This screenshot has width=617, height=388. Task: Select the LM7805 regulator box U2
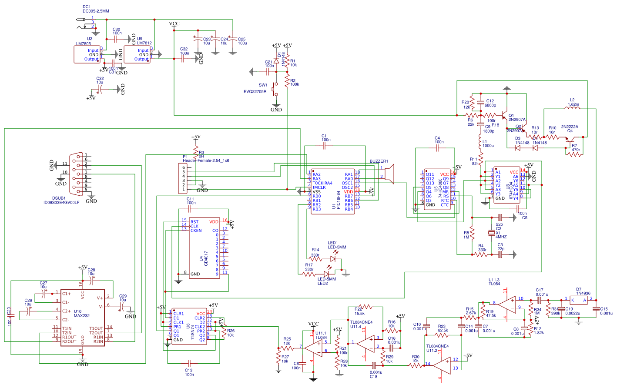point(87,54)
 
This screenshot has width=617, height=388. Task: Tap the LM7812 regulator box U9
point(137,54)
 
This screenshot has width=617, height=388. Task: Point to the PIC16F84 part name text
point(339,200)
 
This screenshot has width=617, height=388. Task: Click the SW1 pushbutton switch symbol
point(275,89)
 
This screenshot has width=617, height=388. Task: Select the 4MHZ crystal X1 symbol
point(492,234)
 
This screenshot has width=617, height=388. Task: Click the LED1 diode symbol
point(333,258)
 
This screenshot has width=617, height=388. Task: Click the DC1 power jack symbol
point(85,23)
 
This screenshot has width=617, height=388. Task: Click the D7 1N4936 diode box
point(579,300)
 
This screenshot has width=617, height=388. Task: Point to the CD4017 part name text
point(206,258)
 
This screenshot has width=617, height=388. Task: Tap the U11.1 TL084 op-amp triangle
point(314,347)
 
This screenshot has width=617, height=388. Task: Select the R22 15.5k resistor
point(366,307)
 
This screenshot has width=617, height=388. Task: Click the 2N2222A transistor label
point(570,127)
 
